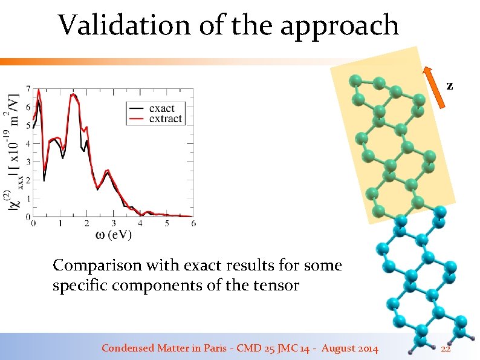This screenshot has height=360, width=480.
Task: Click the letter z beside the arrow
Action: point(450,86)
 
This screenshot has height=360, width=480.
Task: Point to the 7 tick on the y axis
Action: point(28,89)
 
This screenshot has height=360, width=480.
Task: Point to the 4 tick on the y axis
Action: point(28,143)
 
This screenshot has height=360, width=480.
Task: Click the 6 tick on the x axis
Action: point(193,224)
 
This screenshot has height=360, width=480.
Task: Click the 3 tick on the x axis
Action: point(113,224)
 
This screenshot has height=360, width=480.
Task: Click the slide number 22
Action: point(446,349)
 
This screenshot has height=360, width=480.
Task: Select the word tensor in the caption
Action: point(279,285)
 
